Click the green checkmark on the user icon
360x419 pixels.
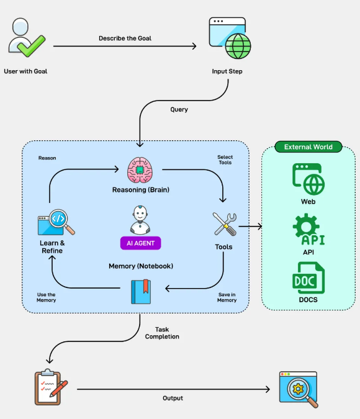(32, 46)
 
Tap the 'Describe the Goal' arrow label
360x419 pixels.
(125, 38)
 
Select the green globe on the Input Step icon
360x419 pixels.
(238, 46)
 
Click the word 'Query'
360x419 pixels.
(179, 109)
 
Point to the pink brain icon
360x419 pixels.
(140, 170)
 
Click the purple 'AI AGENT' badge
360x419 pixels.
(140, 243)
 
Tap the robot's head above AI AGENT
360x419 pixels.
(140, 213)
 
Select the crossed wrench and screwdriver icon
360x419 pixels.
(225, 224)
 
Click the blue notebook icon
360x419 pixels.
(141, 292)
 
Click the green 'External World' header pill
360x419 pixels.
(308, 147)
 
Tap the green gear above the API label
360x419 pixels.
(306, 227)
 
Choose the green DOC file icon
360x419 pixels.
(308, 278)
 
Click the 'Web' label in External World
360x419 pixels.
(308, 202)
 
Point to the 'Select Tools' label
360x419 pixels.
(225, 160)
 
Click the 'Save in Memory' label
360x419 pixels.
(227, 297)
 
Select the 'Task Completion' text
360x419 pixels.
(162, 333)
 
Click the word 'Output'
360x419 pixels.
(173, 398)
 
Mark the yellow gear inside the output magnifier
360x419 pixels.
(298, 388)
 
